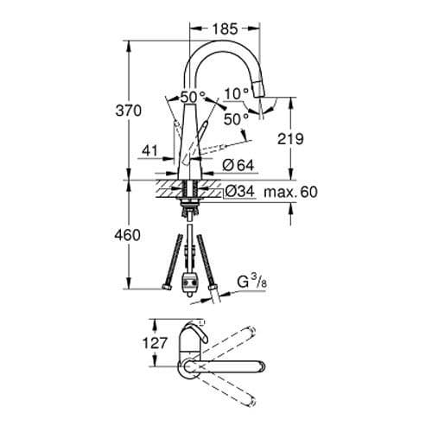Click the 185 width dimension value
pos(225,29)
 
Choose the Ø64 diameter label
pos(238,165)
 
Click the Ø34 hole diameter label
pos(238,192)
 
